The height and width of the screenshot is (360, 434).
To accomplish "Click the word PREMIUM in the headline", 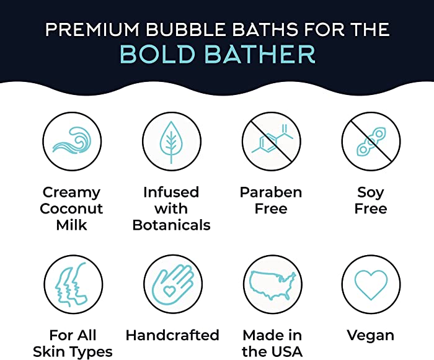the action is pos(92,29).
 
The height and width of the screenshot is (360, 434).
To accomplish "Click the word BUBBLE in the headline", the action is pos(185,29).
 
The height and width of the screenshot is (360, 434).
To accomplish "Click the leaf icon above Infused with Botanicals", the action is pos(172,142).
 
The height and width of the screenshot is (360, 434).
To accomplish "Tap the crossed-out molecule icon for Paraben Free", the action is pos(272,142).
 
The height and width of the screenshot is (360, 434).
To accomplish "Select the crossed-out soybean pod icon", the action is pos(371,142).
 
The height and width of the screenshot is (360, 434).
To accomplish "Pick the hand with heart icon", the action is pos(173,284).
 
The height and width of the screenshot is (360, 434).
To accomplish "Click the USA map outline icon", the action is pos(273,284).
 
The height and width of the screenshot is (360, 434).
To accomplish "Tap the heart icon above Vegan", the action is pos(371,284).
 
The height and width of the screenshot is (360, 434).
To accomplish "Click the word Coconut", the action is pos(71,209).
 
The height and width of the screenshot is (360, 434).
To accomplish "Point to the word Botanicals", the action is pos(172,225).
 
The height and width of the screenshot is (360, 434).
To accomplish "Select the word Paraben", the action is pos(271,192).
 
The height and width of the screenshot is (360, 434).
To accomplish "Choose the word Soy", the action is pos(371,193).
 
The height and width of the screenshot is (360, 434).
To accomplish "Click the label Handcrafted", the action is pos(172,335).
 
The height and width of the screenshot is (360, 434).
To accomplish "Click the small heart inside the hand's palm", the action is pos(169,290).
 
